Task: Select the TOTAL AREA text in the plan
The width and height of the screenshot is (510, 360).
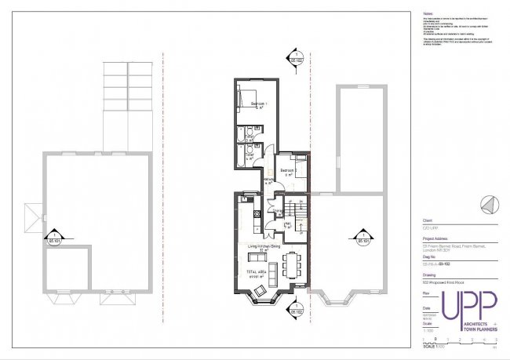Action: click(x=259, y=271)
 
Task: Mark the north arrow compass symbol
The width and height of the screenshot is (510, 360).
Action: click(x=489, y=204)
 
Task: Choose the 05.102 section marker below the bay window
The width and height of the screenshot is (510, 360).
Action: click(x=295, y=310)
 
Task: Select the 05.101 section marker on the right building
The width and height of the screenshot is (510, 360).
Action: click(x=363, y=238)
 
